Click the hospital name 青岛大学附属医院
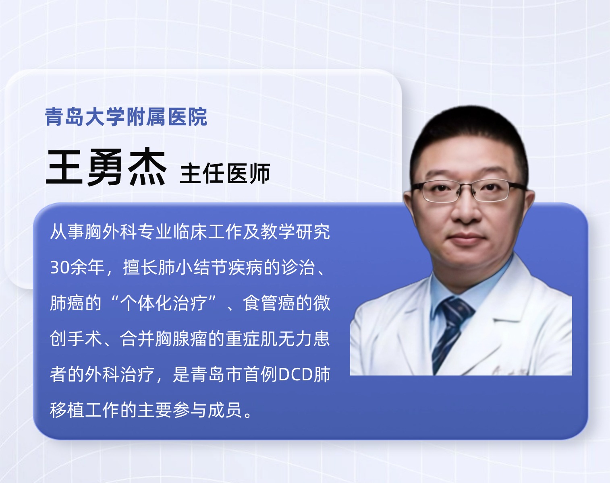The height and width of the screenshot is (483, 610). (126, 116)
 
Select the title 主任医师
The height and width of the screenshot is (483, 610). (225, 173)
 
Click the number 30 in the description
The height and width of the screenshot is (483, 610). (59, 267)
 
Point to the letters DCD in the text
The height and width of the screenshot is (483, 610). (296, 374)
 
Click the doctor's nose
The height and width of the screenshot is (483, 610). (466, 209)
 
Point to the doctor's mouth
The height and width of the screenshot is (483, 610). (466, 237)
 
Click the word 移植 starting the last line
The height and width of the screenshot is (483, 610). (67, 410)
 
